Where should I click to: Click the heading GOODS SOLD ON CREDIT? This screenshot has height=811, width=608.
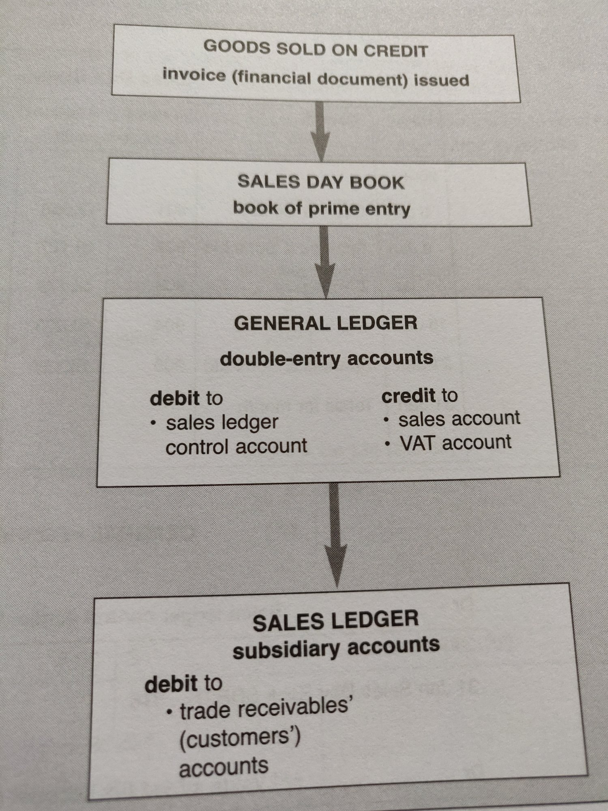click(x=316, y=49)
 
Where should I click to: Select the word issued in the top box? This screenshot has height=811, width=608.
click(x=441, y=80)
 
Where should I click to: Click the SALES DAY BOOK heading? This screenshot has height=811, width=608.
click(x=321, y=182)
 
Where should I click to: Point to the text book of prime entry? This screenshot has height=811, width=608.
click(x=322, y=209)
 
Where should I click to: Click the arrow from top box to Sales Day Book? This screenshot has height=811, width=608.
click(x=320, y=130)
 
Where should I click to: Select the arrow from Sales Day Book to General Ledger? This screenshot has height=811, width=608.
click(x=325, y=260)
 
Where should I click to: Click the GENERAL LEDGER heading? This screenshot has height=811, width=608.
click(x=326, y=323)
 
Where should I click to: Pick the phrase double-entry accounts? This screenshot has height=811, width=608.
click(x=327, y=359)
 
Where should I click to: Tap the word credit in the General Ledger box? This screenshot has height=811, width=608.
click(x=408, y=396)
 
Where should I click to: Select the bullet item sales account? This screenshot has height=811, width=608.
click(x=459, y=419)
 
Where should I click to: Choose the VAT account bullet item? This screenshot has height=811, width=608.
click(x=455, y=443)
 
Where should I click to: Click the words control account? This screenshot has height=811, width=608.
click(x=236, y=447)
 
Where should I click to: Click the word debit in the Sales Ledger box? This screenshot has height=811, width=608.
click(x=172, y=684)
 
